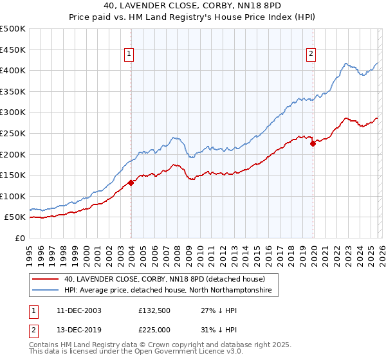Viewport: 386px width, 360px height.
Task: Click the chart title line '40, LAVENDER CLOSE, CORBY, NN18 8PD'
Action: tap(192, 4)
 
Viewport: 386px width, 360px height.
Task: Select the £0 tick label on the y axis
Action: tap(20, 238)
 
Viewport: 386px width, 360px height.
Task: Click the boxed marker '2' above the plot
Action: tap(311, 55)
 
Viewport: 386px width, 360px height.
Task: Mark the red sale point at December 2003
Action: tap(131, 183)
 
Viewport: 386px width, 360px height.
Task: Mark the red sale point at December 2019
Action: tap(313, 144)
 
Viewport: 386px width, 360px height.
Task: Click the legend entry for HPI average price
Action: tap(168, 291)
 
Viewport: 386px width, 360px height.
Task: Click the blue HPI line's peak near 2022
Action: tap(346, 64)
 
